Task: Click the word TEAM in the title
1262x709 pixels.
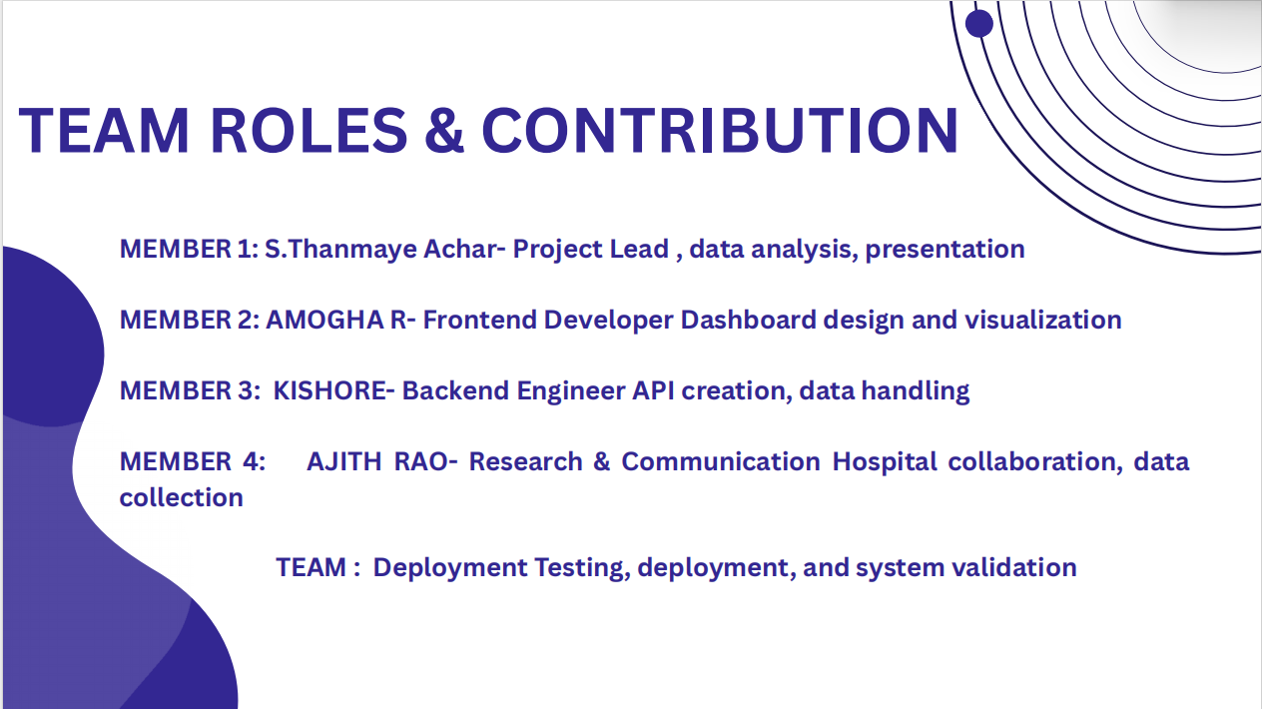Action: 104,130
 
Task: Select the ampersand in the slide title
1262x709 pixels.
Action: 444,130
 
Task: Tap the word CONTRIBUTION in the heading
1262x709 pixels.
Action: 720,130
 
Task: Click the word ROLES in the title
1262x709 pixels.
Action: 309,130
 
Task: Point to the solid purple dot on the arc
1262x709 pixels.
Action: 979,24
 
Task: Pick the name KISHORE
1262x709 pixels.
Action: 330,391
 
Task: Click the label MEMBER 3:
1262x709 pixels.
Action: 190,391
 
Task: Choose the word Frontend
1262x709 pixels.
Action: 479,321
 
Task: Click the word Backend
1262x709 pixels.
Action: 455,391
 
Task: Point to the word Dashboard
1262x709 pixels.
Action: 748,321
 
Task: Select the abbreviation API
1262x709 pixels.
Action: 653,391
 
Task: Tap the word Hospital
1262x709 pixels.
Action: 885,462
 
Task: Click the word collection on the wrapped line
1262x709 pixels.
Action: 182,497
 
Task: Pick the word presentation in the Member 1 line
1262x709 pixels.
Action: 945,250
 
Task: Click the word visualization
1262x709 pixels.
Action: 1043,321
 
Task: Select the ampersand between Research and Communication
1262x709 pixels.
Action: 602,462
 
